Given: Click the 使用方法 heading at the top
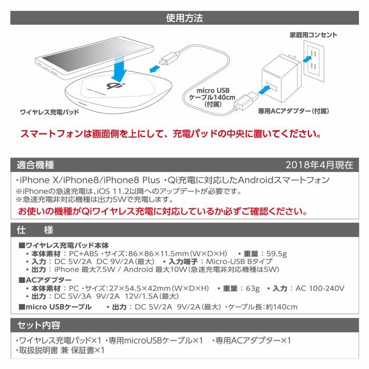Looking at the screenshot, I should (x=184, y=18).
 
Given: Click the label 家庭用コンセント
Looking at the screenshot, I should (x=314, y=35).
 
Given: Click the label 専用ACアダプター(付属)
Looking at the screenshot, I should (x=293, y=111).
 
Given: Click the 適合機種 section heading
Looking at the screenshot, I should (x=35, y=164).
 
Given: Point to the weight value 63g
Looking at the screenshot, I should (x=250, y=288).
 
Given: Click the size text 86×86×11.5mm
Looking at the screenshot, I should (x=167, y=253).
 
